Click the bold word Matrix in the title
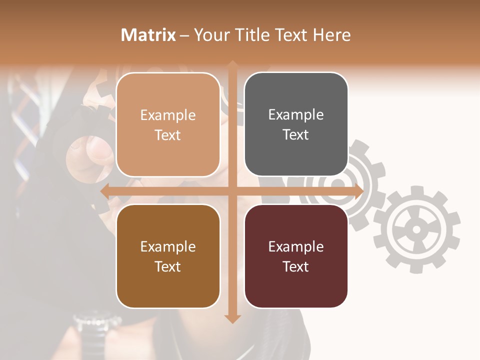click(148, 35)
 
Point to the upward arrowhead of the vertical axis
click(232, 65)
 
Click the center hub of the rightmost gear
click(416, 230)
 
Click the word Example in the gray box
click(296, 115)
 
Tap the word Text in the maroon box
click(296, 266)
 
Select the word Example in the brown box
click(168, 246)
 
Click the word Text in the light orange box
click(168, 135)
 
